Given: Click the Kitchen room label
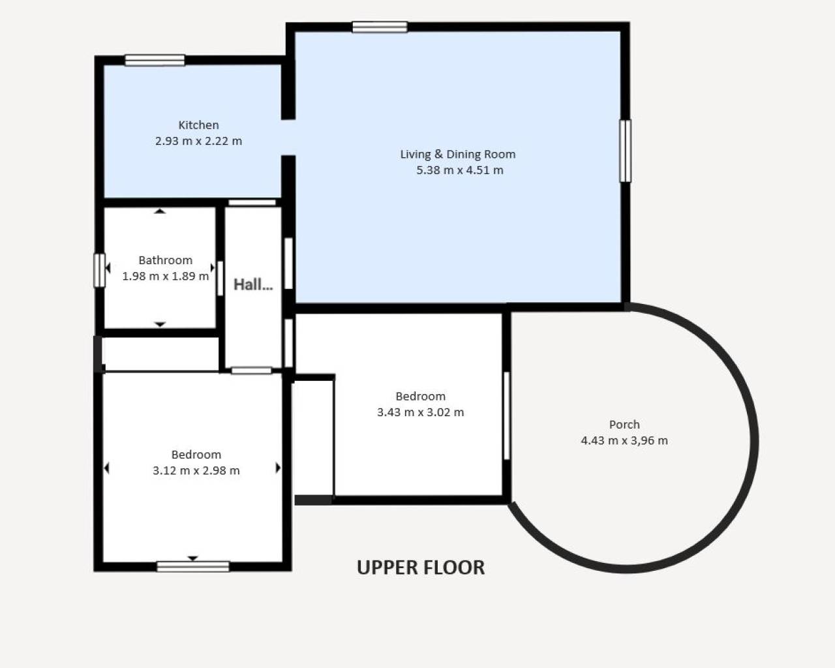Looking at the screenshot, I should [x=198, y=125].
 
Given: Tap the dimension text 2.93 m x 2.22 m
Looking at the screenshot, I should [x=198, y=141].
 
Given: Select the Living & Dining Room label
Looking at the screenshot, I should [x=457, y=154].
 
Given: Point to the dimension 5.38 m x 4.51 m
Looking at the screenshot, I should [x=459, y=170].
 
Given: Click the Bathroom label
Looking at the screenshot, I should [x=165, y=260].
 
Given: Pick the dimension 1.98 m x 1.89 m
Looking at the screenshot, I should [x=165, y=276].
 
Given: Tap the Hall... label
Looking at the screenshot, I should [x=253, y=284].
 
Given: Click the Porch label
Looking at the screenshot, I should [x=624, y=424].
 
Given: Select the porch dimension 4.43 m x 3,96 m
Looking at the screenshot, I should [x=624, y=440].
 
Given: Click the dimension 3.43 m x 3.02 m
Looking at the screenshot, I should [x=420, y=412].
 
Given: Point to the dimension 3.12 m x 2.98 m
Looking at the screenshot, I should [x=196, y=470].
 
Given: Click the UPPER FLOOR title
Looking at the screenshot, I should [x=421, y=568].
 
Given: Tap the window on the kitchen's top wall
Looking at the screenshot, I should [x=155, y=60].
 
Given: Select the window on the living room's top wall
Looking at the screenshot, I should [x=380, y=27].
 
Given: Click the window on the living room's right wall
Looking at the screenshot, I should [x=625, y=151].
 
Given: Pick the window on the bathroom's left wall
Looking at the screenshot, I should [x=99, y=270].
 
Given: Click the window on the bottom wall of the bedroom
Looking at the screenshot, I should [x=193, y=566].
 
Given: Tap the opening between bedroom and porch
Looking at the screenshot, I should [x=506, y=416].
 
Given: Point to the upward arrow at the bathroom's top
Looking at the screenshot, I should [x=160, y=211].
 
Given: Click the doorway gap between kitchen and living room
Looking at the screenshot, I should [x=288, y=138].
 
